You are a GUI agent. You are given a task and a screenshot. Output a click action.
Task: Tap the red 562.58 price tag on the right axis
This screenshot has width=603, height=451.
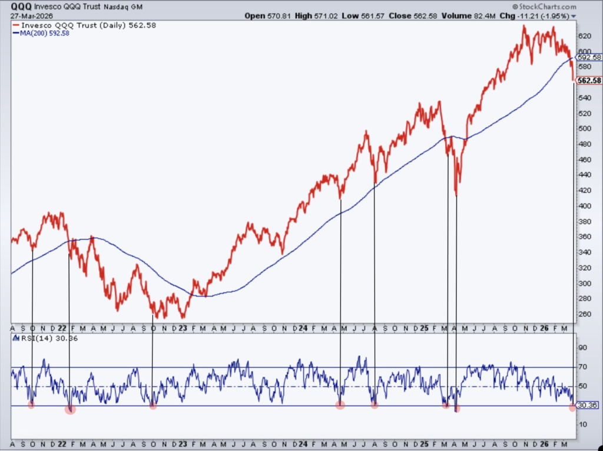(x=589, y=81)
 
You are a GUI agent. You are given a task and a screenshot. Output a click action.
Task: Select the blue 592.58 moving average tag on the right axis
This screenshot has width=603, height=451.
(x=589, y=57)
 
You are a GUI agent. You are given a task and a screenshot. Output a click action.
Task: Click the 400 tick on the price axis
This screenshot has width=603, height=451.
(x=583, y=206)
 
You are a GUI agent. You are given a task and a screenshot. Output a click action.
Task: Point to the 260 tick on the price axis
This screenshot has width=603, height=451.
(x=583, y=314)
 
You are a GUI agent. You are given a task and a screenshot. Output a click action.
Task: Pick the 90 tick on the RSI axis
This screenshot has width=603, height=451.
(x=583, y=348)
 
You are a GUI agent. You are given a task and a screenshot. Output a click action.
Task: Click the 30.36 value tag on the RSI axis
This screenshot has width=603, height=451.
(x=589, y=406)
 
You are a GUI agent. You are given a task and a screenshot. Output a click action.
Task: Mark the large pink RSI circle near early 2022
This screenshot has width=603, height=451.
(x=70, y=409)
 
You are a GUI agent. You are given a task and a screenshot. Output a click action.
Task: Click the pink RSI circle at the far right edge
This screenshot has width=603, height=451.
(x=573, y=408)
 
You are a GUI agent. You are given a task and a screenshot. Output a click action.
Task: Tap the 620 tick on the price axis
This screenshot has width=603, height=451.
(x=583, y=36)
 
